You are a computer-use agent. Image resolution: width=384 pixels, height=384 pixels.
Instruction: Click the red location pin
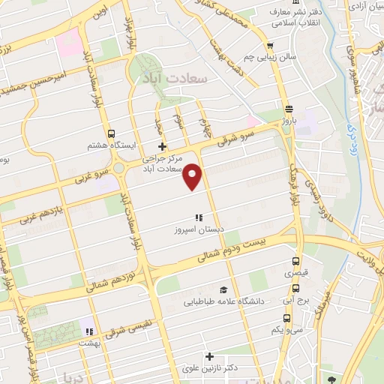pos(193,176)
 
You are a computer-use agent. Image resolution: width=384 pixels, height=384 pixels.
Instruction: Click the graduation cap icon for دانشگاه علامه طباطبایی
pos(223,289)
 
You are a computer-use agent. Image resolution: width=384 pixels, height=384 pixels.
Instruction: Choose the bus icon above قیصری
pos(295,262)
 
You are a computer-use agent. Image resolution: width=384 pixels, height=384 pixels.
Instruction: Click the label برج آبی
pos(301,299)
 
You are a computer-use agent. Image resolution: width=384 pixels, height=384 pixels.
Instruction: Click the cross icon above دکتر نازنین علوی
pos(209,355)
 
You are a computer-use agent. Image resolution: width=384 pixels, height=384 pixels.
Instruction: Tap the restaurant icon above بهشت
pos(89,331)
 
